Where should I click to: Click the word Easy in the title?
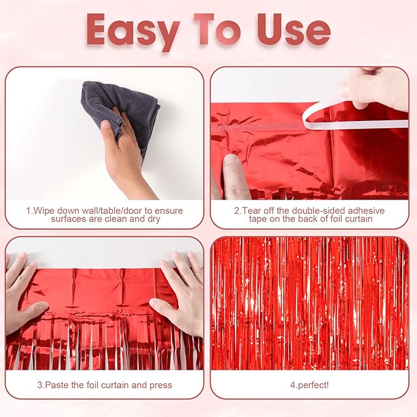pyautogui.click(x=133, y=31)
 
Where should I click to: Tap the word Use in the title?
pyautogui.click(x=294, y=29)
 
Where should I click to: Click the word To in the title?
pyautogui.click(x=217, y=29)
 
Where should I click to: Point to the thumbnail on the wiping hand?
pyautogui.click(x=106, y=125)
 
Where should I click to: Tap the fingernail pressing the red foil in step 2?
pyautogui.click(x=231, y=160)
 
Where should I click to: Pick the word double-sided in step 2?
pyautogui.click(x=318, y=211)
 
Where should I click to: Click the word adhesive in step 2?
pyautogui.click(x=366, y=211)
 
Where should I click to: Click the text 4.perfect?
pyautogui.click(x=310, y=385)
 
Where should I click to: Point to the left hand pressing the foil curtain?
pyautogui.click(x=24, y=295)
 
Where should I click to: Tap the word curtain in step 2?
pyautogui.click(x=357, y=219)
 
